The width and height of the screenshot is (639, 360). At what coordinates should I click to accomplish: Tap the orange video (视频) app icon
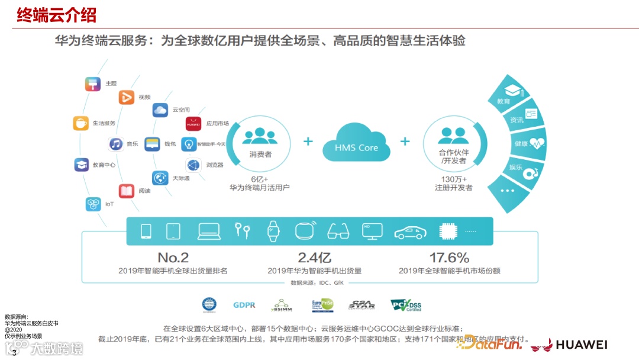pos(127,97)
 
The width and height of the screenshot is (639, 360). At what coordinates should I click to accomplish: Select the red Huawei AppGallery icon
pos(193,124)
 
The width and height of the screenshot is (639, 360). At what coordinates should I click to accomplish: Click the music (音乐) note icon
pos(116,144)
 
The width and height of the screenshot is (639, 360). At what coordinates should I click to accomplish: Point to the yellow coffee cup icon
pos(81,123)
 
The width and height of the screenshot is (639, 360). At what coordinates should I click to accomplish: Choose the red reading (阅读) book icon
pos(127,191)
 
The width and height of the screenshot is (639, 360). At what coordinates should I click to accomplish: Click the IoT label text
pos(109,204)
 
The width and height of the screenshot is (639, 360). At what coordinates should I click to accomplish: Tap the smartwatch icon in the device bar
pos(273,230)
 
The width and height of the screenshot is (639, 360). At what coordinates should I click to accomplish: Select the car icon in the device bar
pos(410,232)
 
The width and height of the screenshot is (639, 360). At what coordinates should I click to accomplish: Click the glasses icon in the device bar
pos(338,231)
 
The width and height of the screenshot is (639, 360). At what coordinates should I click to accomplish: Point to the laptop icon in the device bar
pos(209,231)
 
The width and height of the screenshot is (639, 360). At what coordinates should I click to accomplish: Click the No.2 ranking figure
pos(173,258)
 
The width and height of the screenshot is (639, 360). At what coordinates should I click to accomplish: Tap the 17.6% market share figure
pos(449,258)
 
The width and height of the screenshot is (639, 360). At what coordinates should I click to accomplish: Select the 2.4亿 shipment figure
pos(314,258)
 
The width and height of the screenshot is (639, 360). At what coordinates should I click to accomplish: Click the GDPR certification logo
pos(244,305)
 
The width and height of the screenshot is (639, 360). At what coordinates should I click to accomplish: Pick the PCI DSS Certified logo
pos(406,305)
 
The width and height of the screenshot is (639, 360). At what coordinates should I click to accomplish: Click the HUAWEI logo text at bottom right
pos(581,345)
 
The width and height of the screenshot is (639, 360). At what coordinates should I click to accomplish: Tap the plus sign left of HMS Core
pos(308,142)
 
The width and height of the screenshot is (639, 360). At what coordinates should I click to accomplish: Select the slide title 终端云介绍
pos(57,15)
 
